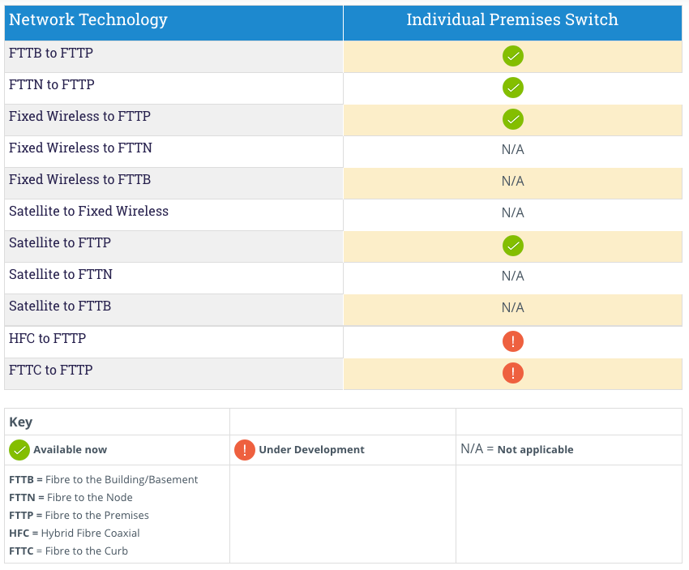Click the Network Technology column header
[x=88, y=20]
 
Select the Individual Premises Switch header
[x=512, y=20]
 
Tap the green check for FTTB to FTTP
[x=512, y=56]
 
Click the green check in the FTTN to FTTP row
[x=512, y=88]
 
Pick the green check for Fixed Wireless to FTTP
[x=512, y=119]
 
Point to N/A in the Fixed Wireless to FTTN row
[x=512, y=150]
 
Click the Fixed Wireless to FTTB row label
[x=79, y=180]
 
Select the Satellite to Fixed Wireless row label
[x=88, y=212]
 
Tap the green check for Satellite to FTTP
[x=512, y=245]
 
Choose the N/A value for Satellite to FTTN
[x=512, y=276]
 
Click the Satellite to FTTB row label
[x=60, y=306]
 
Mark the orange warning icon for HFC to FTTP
[x=512, y=341]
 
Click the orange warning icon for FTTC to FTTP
[x=512, y=373]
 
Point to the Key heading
[x=20, y=422]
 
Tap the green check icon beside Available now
[x=19, y=450]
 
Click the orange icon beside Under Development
[x=244, y=450]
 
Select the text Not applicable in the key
[x=535, y=450]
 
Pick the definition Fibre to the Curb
[x=88, y=551]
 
